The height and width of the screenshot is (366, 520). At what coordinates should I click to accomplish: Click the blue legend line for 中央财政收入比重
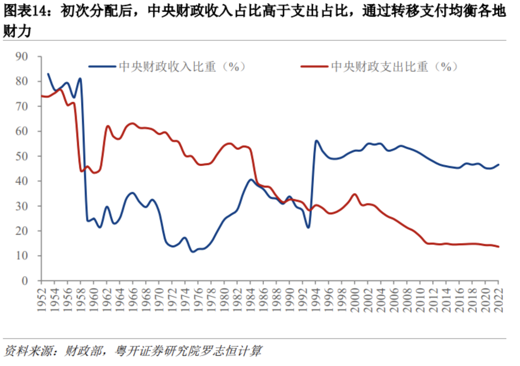tap(102, 67)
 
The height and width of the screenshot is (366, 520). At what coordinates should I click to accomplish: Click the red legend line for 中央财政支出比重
tap(314, 67)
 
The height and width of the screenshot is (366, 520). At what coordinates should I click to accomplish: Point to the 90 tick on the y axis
tap(22, 56)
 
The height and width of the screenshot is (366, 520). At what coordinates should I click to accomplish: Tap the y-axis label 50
tap(22, 156)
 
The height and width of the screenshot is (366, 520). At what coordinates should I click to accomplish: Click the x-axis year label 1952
tap(42, 299)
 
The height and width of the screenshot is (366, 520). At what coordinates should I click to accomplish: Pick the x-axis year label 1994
tap(316, 299)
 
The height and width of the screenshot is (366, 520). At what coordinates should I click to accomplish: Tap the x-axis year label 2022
tap(499, 299)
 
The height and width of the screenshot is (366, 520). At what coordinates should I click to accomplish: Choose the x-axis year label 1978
tap(211, 299)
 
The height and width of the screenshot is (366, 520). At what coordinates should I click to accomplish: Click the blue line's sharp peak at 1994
tap(316, 141)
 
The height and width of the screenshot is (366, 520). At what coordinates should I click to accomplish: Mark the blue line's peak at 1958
tap(80, 78)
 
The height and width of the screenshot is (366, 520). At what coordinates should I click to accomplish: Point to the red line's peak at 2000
tap(355, 194)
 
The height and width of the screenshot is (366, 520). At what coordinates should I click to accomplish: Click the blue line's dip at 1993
tap(309, 228)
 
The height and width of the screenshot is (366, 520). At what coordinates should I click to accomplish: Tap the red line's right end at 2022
tap(498, 247)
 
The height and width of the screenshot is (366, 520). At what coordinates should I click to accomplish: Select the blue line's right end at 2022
tap(498, 165)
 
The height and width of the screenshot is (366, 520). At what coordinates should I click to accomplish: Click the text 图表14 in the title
tap(27, 11)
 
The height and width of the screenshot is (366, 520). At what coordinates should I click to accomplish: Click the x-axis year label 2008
tap(407, 299)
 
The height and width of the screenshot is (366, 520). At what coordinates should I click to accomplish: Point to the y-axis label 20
tap(22, 231)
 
